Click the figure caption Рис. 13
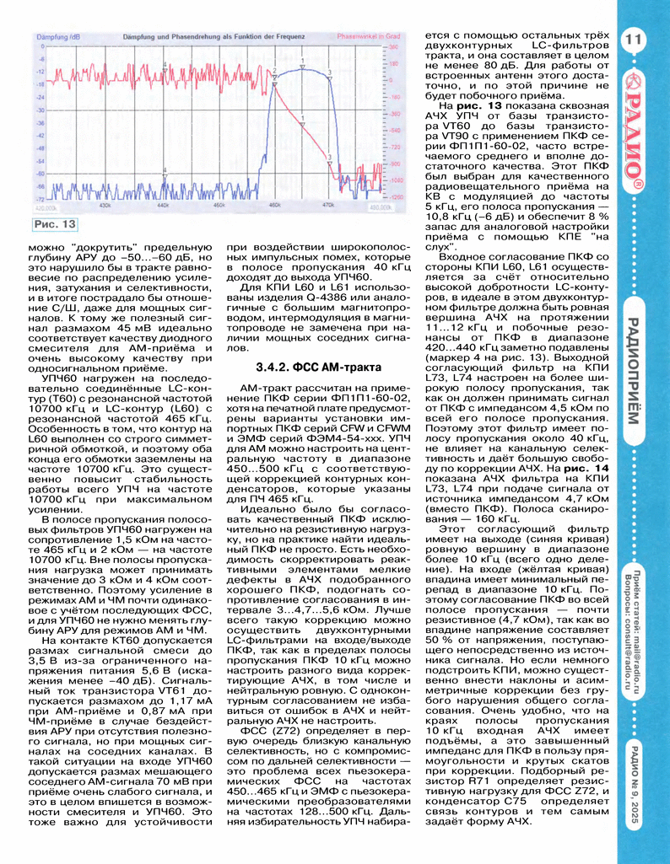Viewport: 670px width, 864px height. pyautogui.click(x=55, y=224)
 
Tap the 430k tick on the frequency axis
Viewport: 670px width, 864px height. pyautogui.click(x=106, y=204)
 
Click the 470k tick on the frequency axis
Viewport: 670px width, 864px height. pyautogui.click(x=328, y=204)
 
